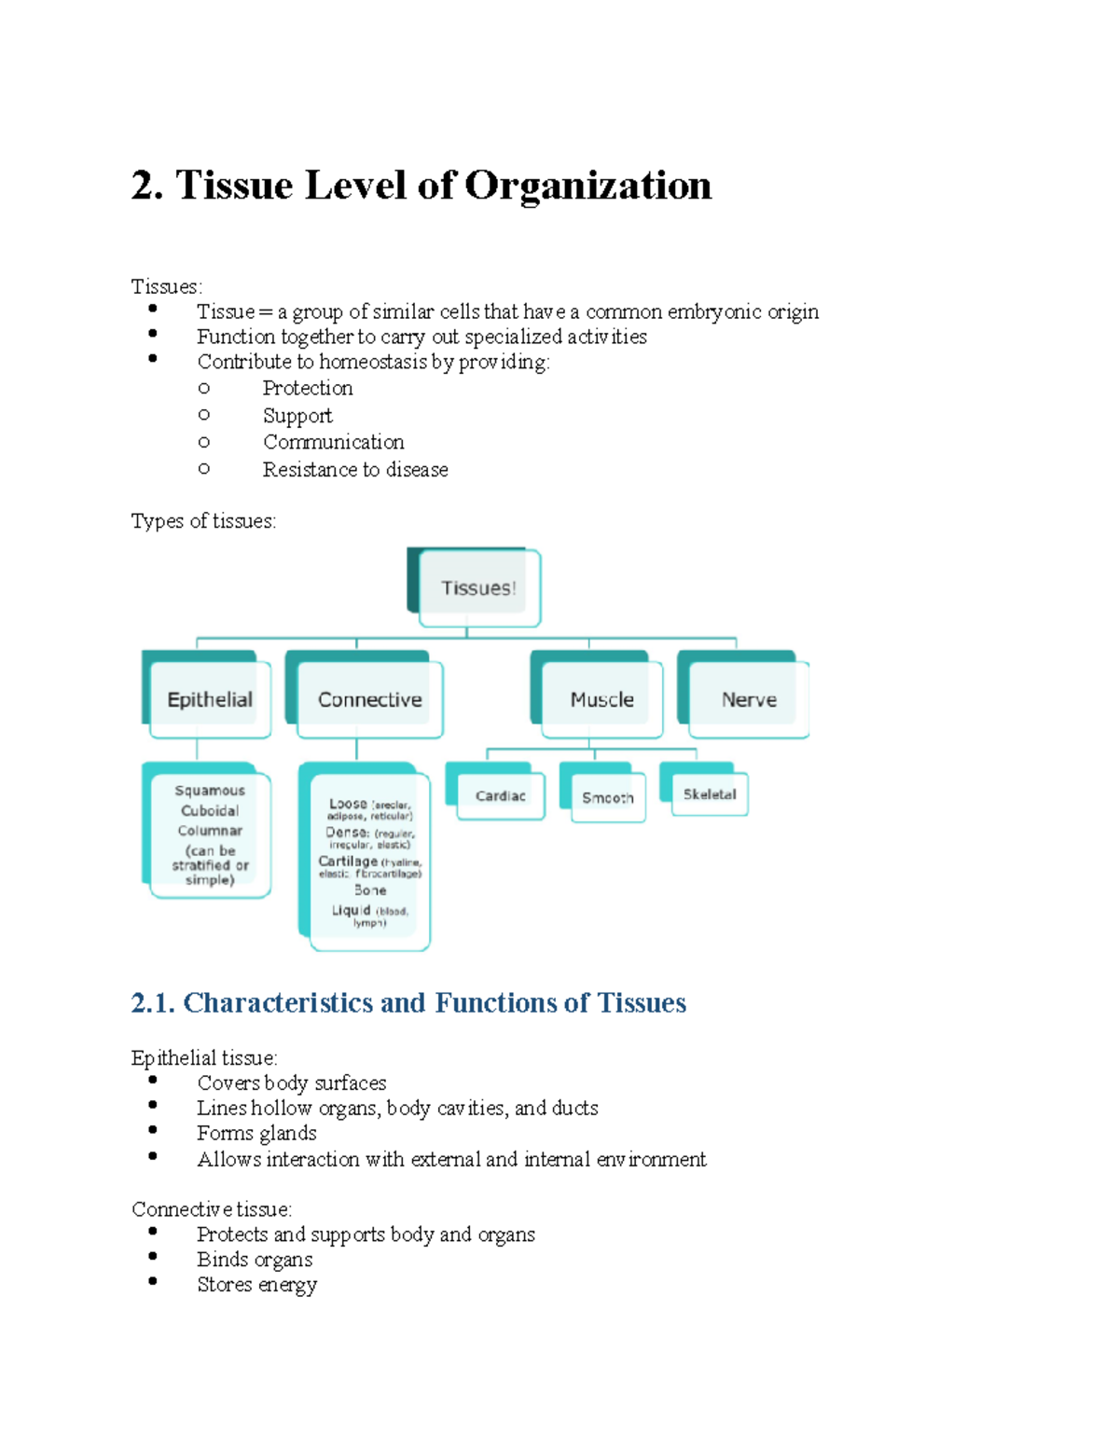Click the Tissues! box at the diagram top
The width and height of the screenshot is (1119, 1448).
[478, 588]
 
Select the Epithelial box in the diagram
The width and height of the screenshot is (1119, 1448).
[210, 699]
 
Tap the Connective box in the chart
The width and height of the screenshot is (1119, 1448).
[369, 699]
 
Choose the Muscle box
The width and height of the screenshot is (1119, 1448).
[601, 699]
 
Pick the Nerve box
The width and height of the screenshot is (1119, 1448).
[749, 699]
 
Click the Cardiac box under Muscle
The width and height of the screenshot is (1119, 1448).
[501, 796]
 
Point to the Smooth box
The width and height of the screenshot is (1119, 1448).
[608, 798]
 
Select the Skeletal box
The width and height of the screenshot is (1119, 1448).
[710, 794]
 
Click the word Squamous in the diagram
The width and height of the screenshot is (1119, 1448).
[210, 791]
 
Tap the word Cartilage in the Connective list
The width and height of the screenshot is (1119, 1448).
[348, 862]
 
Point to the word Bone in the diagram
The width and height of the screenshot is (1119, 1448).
[370, 890]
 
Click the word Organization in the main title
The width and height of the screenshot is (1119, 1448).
[587, 186]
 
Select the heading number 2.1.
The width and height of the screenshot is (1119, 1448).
[153, 1003]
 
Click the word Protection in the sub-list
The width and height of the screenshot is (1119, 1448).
[308, 389]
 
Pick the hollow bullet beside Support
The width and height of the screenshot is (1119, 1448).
[204, 415]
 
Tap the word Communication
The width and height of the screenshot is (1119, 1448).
[333, 442]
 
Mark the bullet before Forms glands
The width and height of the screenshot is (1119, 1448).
[153, 1131]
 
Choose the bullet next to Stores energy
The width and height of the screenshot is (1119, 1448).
[153, 1282]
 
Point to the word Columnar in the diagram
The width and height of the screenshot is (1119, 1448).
[210, 831]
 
